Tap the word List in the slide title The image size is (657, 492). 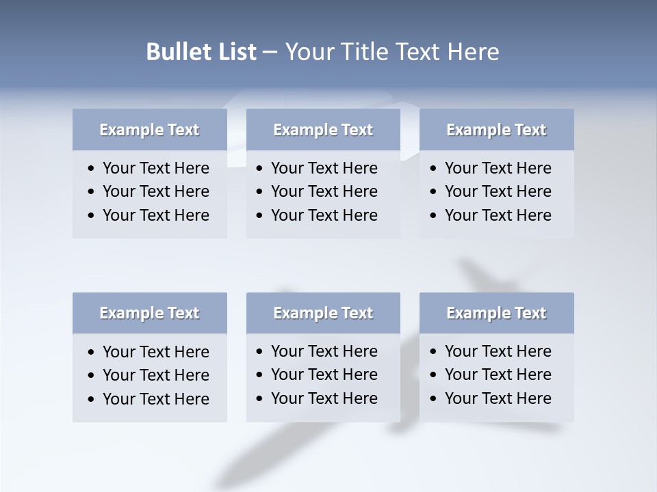(x=234, y=52)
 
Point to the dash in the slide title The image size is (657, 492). (x=270, y=52)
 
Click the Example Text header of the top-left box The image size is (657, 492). (x=149, y=130)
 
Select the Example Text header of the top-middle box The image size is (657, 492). (x=323, y=130)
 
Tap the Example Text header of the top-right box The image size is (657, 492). (x=496, y=130)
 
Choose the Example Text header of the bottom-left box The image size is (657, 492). (x=149, y=313)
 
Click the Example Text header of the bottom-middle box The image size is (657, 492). (x=323, y=313)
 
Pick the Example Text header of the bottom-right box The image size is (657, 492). (x=496, y=313)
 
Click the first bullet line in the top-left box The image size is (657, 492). (x=155, y=168)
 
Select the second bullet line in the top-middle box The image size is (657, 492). (x=324, y=191)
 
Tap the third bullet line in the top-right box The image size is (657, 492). (x=498, y=215)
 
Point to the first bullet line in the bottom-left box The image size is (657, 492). (x=155, y=352)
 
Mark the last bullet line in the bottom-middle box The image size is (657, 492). (x=324, y=398)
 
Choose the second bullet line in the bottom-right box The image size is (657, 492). (x=498, y=374)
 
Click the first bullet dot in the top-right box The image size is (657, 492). (x=433, y=168)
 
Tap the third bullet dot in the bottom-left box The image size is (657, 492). (x=91, y=399)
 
